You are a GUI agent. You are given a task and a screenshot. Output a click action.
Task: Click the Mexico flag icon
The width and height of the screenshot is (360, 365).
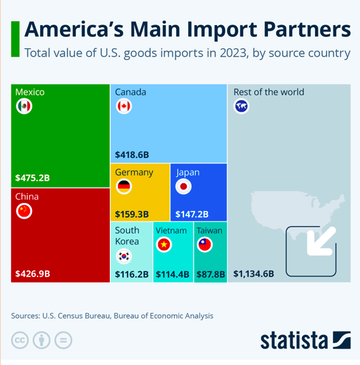point(24,106)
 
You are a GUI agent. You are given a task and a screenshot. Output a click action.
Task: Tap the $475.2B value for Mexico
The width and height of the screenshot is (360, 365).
point(33,178)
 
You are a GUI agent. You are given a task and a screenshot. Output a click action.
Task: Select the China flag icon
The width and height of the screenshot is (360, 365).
point(24,211)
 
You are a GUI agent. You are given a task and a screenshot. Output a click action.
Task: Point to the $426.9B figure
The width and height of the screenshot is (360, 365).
point(33,274)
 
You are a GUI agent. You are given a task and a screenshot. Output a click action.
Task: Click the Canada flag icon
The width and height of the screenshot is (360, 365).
point(123,106)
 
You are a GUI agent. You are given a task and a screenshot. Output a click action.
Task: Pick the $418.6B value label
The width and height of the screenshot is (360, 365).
point(132,155)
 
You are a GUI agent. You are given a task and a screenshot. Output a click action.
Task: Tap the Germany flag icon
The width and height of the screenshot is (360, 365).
point(123,187)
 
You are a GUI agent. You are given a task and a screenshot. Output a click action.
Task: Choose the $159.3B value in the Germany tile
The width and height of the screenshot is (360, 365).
point(132,214)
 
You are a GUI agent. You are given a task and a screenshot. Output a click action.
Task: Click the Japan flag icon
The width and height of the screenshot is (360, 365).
point(183,187)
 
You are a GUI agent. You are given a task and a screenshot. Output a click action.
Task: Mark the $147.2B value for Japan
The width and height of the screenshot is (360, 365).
point(192,214)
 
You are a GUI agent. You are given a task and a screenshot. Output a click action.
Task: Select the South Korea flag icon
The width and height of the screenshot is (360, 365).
point(123,256)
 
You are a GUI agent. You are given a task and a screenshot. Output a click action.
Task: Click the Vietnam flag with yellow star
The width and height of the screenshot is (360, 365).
point(164,244)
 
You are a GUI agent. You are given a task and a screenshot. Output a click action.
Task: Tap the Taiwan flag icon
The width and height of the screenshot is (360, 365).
point(205,244)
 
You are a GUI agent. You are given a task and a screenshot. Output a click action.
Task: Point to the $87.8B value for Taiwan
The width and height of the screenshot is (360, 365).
point(211,274)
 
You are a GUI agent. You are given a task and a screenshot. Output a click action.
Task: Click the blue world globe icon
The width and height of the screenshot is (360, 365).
point(241,106)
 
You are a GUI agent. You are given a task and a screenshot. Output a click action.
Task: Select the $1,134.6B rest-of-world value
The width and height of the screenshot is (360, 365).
point(254,274)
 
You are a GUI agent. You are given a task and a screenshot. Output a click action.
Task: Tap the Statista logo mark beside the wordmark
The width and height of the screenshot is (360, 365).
point(342,340)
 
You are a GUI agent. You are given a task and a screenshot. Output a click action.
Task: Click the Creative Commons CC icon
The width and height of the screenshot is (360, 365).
point(20,340)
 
